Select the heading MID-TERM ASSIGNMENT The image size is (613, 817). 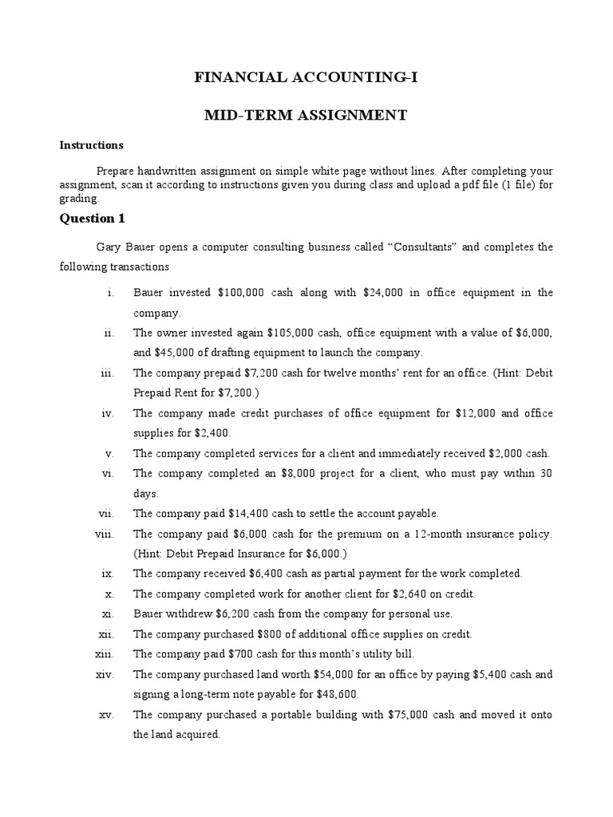pyautogui.click(x=306, y=116)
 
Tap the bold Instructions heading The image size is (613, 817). pyautogui.click(x=92, y=145)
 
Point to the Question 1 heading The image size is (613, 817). pyautogui.click(x=93, y=218)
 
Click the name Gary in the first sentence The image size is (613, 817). pyautogui.click(x=109, y=247)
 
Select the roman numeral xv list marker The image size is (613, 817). pyautogui.click(x=107, y=714)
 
